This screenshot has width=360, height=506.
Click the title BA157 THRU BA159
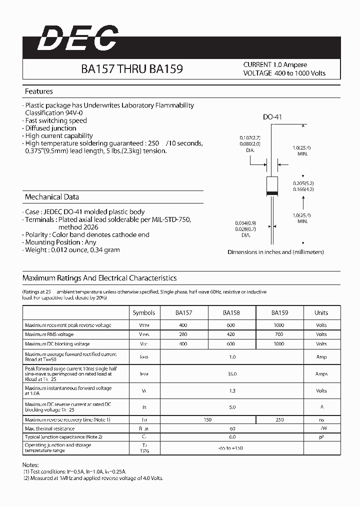click(x=132, y=69)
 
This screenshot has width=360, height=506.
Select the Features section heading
click(x=39, y=91)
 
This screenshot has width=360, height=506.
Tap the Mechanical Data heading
click(x=52, y=197)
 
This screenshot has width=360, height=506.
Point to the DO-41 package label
click(x=273, y=117)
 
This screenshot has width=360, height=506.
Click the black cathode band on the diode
click(x=272, y=193)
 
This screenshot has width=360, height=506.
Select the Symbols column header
click(x=144, y=313)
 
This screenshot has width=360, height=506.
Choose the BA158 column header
click(x=231, y=313)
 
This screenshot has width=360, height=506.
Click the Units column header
click(x=321, y=313)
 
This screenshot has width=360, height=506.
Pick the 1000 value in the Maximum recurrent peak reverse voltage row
click(x=279, y=325)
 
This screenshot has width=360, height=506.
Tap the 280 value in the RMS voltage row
click(x=183, y=334)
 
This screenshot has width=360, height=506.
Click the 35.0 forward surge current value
click(x=231, y=373)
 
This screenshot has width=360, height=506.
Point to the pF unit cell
click(x=321, y=437)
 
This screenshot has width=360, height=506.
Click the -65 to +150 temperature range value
click(x=231, y=448)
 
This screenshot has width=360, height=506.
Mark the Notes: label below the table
click(x=30, y=464)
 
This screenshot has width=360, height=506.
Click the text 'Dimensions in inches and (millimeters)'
click(x=275, y=252)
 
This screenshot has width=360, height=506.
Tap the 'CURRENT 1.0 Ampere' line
click(x=275, y=65)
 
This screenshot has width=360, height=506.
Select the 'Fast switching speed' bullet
click(x=56, y=120)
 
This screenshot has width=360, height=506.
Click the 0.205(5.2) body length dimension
click(x=303, y=183)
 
